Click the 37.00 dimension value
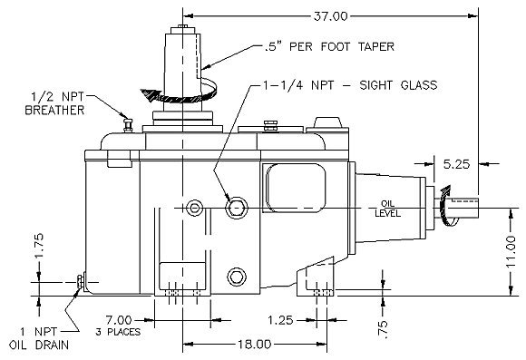(x=330, y=16)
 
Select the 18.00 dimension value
(x=255, y=345)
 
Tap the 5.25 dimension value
(x=456, y=164)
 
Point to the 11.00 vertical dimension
(x=511, y=251)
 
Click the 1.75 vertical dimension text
(x=39, y=246)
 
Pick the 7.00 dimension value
(x=119, y=320)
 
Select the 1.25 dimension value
(x=280, y=320)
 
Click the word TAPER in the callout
(x=375, y=46)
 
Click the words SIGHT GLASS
(x=398, y=85)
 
